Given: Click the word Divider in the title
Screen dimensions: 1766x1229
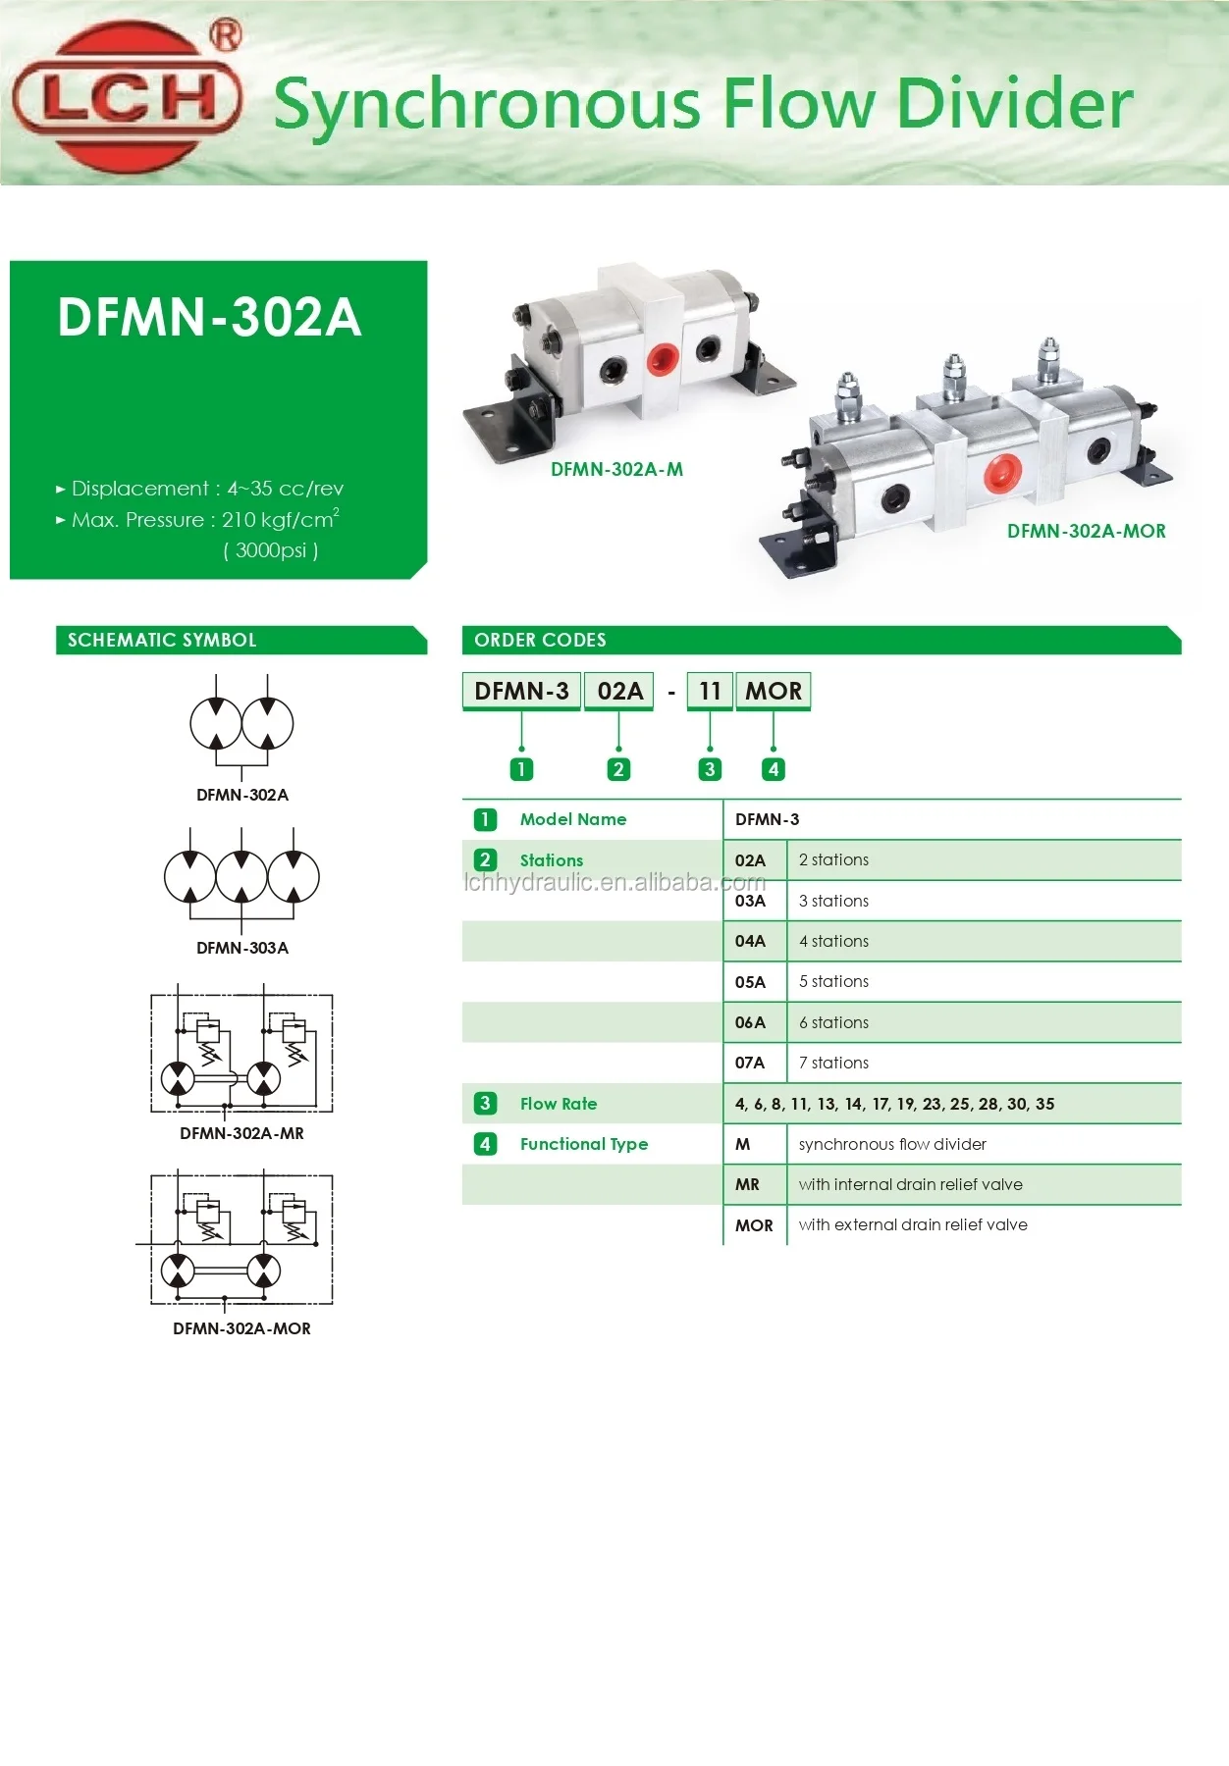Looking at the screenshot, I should [1015, 104].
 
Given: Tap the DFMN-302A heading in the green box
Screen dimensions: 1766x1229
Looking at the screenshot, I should [209, 318].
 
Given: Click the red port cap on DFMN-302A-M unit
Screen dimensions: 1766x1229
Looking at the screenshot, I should [663, 358].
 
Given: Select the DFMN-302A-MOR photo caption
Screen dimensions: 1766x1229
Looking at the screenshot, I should [1086, 531].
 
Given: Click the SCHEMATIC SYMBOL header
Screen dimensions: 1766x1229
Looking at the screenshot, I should [162, 640].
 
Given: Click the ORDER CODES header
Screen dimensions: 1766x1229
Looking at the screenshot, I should [540, 640].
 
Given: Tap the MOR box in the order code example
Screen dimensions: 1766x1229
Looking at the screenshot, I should [773, 691].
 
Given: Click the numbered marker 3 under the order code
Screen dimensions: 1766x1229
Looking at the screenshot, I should [710, 769].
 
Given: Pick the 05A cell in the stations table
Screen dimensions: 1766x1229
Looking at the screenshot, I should [750, 982].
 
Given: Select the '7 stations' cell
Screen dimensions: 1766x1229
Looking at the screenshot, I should [833, 1063].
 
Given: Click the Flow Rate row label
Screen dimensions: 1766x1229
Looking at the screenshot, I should [558, 1104].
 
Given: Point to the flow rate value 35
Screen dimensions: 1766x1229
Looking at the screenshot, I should [1044, 1104].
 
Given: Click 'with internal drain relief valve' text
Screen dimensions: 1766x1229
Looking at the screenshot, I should [910, 1184].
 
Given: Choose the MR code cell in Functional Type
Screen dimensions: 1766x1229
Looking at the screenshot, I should [747, 1184].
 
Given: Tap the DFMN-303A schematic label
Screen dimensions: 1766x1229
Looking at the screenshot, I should [241, 948].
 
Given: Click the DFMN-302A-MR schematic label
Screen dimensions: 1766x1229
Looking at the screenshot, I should [241, 1133].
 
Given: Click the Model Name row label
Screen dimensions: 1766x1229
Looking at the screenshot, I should [572, 819].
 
